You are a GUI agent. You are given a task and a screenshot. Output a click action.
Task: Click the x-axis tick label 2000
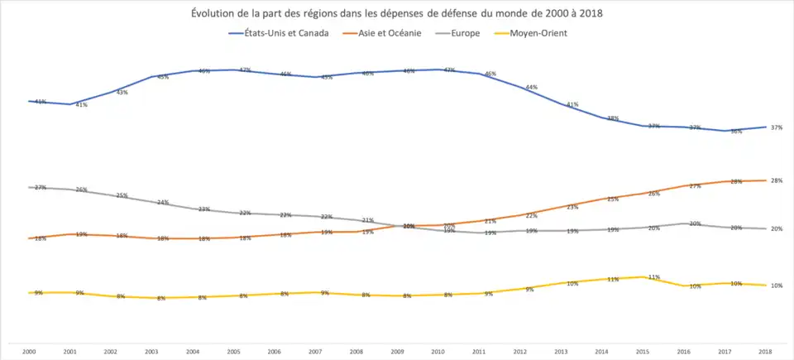coord(29,352)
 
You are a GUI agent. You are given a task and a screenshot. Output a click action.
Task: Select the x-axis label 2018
coord(766,352)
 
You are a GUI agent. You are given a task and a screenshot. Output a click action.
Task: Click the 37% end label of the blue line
coord(777,127)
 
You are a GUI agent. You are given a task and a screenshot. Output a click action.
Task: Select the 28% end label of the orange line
coord(777,180)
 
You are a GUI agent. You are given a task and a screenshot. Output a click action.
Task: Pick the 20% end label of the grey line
coord(777,228)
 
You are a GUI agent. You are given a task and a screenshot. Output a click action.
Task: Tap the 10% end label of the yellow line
coord(777,286)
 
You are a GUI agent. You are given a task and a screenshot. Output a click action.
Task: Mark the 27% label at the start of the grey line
coord(39,188)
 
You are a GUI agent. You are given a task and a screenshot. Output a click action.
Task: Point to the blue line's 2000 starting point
coord(30,101)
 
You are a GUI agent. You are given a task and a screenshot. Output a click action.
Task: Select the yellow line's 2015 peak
coord(643,276)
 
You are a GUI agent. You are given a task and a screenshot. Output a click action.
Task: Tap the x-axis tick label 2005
coord(234,352)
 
